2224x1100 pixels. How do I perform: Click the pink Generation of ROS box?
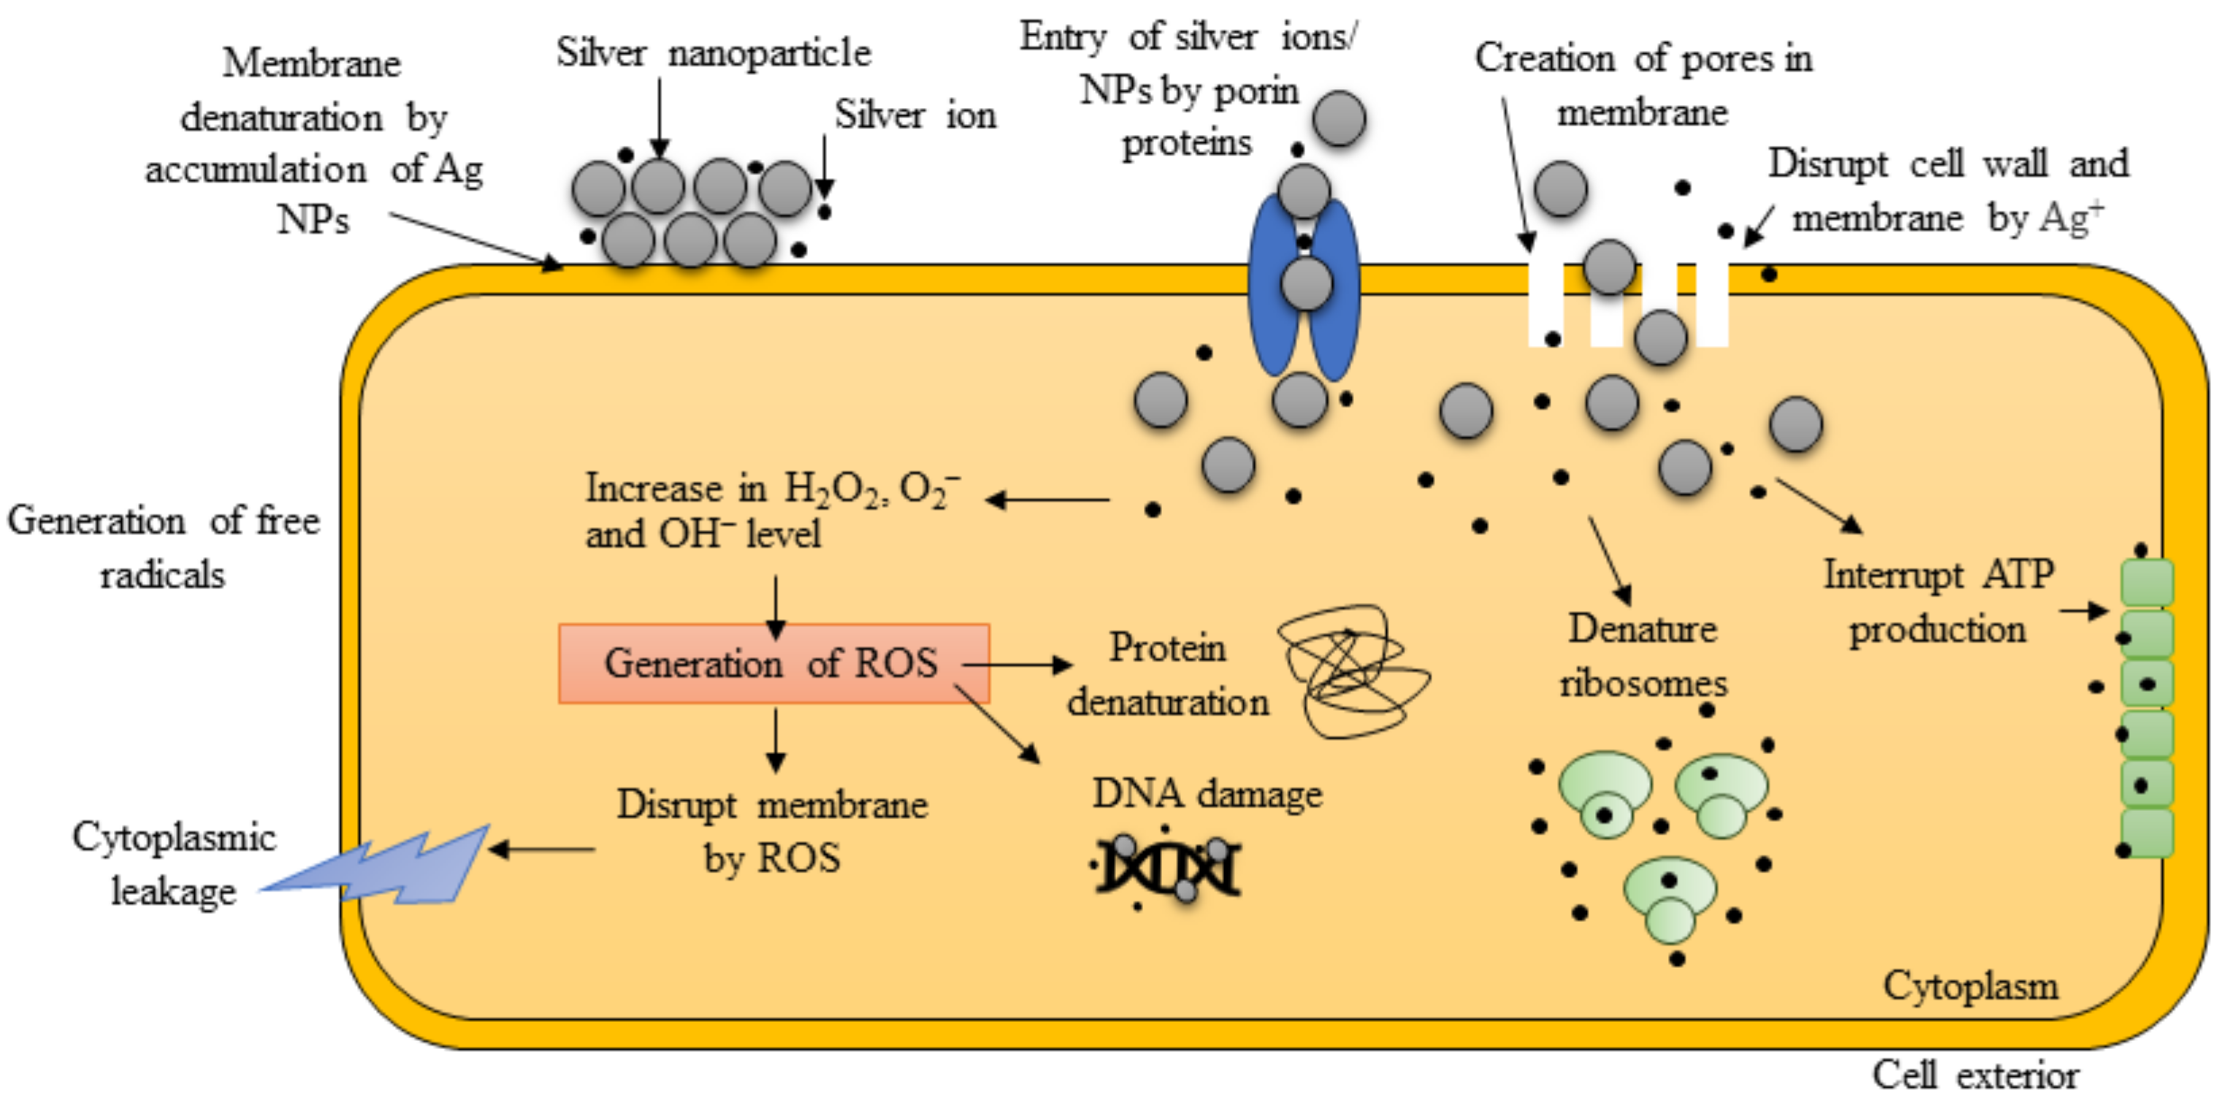tap(773, 663)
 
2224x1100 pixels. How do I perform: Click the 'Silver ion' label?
tap(915, 115)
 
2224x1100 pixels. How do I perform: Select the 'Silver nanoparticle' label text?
tap(713, 53)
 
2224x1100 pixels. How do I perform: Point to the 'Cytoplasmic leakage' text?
tap(174, 863)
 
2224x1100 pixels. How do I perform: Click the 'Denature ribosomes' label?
tap(1642, 656)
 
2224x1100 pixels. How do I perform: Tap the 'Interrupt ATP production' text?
tap(1938, 602)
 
